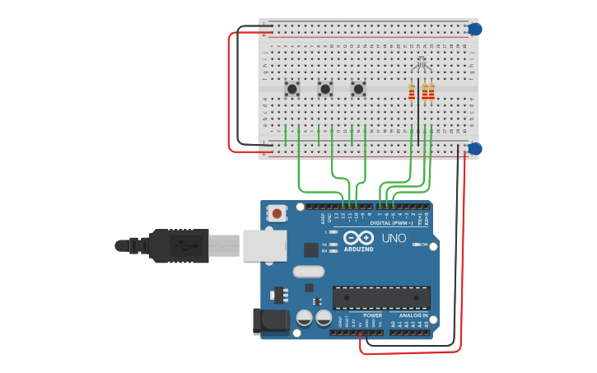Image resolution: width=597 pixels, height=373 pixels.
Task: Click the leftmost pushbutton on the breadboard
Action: [292, 87]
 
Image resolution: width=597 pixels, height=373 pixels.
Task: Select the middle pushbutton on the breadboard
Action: [325, 87]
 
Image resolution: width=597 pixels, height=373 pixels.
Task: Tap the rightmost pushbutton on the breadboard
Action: [358, 87]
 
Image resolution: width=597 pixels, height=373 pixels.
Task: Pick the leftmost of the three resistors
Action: [412, 92]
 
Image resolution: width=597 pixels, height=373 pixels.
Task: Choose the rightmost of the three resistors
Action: [431, 92]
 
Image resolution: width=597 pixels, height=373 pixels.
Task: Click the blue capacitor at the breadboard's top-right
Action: [475, 29]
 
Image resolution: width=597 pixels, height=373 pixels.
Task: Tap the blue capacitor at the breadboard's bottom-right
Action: [475, 148]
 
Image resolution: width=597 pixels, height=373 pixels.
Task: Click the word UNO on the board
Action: [394, 239]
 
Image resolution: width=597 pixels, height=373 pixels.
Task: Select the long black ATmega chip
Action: [381, 297]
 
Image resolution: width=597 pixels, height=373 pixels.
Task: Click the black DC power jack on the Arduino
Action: [271, 321]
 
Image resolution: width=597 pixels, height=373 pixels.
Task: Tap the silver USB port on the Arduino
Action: [264, 245]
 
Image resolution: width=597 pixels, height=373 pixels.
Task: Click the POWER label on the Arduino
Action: [372, 315]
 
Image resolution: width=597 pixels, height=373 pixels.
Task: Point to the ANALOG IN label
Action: [413, 315]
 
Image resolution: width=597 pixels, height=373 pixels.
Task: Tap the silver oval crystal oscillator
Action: [309, 272]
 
